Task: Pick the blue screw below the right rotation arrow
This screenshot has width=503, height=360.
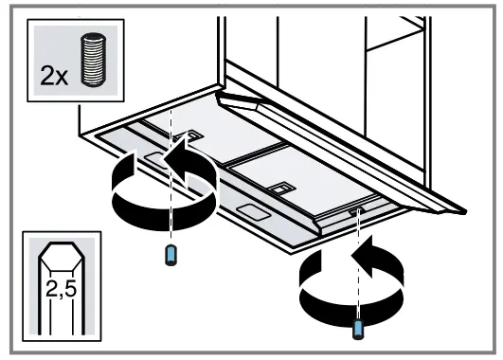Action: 358,328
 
